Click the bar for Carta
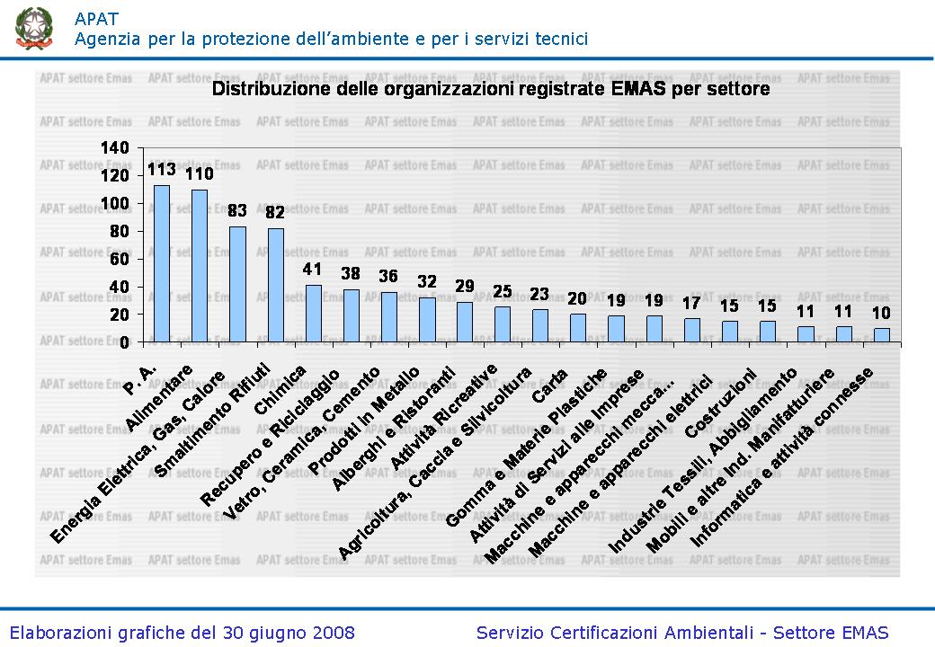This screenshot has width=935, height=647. [579, 328]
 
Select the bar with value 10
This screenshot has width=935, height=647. [882, 335]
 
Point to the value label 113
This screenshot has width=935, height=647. [161, 170]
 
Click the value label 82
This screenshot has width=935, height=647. [275, 213]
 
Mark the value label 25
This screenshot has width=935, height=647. [503, 291]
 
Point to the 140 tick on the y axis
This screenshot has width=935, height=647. [119, 147]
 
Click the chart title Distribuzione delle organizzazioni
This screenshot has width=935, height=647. [490, 90]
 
